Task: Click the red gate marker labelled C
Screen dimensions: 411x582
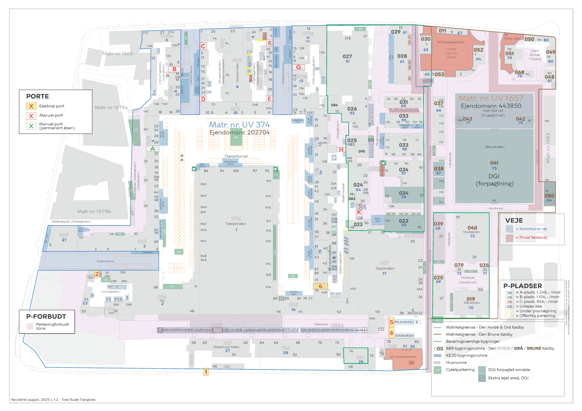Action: [203, 46]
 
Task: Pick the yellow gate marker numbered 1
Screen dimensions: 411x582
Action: [206, 372]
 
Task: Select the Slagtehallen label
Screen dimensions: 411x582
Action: [385, 269]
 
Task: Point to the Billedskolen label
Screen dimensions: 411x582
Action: [471, 303]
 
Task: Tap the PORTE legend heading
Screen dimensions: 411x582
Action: [38, 96]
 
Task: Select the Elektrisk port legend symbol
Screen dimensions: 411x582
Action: [31, 106]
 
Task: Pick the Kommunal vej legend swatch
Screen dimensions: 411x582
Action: [509, 229]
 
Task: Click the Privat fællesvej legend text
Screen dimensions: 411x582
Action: [533, 237]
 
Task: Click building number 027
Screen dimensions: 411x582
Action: [347, 56]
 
